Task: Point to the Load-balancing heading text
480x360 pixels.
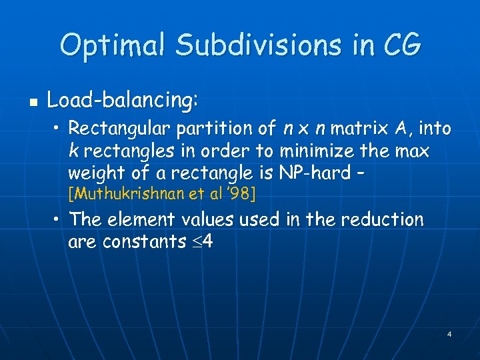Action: pyautogui.click(x=123, y=101)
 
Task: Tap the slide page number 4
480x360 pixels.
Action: pyautogui.click(x=449, y=333)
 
